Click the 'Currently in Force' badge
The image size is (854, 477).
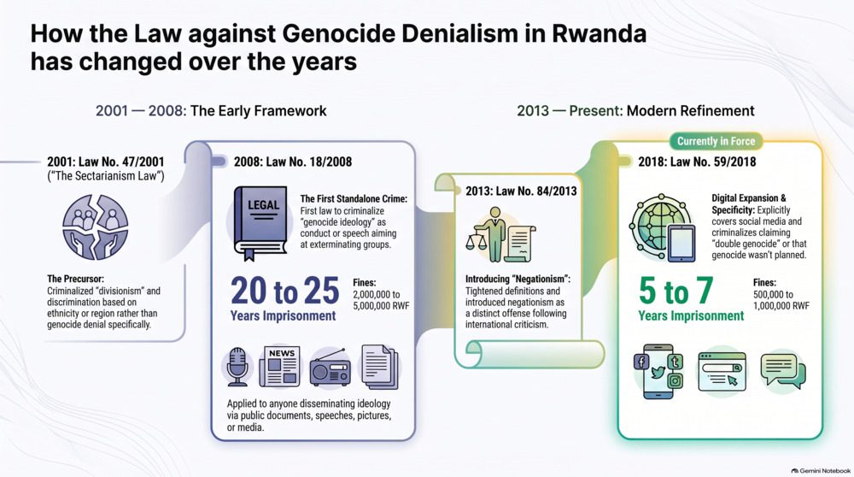click(x=716, y=141)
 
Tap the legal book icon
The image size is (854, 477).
click(x=260, y=223)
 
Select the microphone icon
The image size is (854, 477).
click(x=237, y=367)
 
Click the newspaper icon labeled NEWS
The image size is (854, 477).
click(x=280, y=367)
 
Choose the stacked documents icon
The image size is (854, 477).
click(x=380, y=367)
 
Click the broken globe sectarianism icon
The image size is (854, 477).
click(x=96, y=227)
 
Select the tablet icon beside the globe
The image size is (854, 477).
click(x=681, y=243)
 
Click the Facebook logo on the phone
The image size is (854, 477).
click(x=641, y=362)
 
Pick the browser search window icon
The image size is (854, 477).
click(x=722, y=371)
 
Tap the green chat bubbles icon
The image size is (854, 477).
click(x=782, y=371)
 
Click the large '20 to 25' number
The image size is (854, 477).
click(x=285, y=291)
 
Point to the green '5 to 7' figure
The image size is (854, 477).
click(x=676, y=291)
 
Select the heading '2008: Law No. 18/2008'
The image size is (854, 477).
click(x=293, y=162)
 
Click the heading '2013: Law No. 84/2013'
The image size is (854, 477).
click(x=521, y=191)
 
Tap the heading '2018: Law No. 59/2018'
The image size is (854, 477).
click(x=697, y=162)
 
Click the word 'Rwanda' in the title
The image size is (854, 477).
click(x=600, y=33)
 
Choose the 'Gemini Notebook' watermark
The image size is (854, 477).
click(x=822, y=470)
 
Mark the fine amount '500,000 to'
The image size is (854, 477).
click(x=773, y=294)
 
